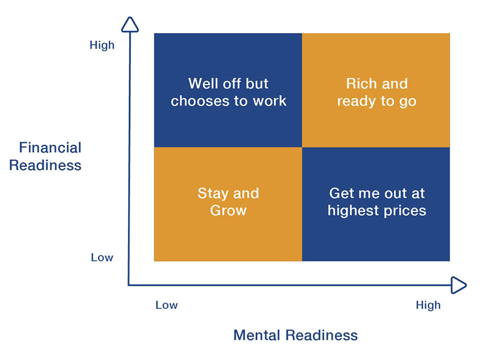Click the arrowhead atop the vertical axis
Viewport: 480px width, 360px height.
[x=130, y=25]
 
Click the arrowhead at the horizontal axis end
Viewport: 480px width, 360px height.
[x=459, y=285]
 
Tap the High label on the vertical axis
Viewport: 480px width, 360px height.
[x=102, y=45]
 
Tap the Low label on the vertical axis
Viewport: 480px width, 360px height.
[x=102, y=258]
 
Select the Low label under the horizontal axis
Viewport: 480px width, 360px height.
[x=166, y=305]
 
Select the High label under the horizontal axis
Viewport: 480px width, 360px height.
[x=428, y=306]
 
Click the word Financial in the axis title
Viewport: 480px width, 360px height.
[x=50, y=148]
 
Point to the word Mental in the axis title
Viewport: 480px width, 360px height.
[x=257, y=335]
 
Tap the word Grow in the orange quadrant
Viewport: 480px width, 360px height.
[x=228, y=210]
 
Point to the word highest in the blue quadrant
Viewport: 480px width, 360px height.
[x=353, y=211]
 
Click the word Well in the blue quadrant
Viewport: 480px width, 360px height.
[x=201, y=84]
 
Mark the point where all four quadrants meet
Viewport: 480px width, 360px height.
[x=302, y=147]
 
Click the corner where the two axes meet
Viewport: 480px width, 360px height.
[x=129, y=285]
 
